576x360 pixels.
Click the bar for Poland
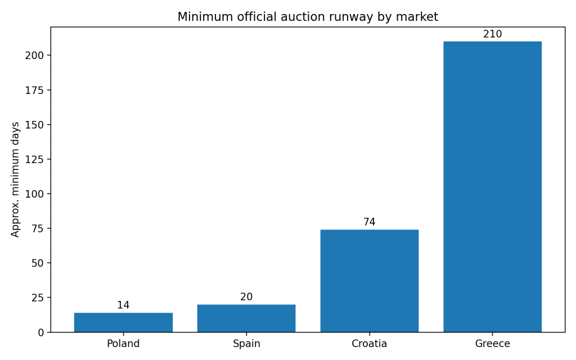point(123,322)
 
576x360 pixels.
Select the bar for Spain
point(246,318)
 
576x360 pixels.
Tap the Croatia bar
point(369,281)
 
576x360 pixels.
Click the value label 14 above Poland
point(123,305)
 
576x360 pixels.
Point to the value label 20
point(246,297)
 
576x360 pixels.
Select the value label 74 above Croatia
point(369,222)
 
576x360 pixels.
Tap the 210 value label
point(492,34)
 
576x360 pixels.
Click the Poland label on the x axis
point(123,344)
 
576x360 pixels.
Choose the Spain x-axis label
point(246,344)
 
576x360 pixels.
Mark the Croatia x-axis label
point(369,344)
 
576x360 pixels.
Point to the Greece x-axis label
point(492,344)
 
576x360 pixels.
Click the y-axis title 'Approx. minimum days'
point(16,179)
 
